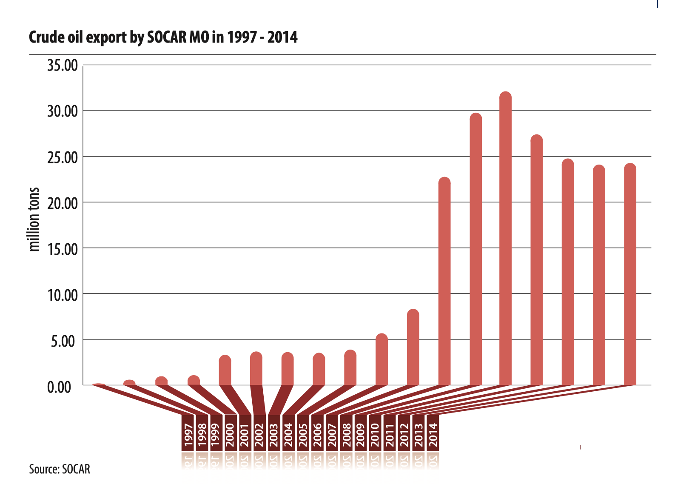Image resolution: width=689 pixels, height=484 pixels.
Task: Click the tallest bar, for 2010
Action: (x=505, y=238)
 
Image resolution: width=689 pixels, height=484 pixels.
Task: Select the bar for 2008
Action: (x=444, y=281)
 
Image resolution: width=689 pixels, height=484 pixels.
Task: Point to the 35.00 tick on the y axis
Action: (x=63, y=65)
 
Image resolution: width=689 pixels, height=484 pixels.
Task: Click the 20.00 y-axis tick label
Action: (x=63, y=203)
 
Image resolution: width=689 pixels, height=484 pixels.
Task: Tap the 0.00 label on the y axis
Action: (x=59, y=387)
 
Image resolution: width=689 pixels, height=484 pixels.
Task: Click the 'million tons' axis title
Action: (x=34, y=219)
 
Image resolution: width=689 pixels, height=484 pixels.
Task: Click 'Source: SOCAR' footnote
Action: (x=60, y=469)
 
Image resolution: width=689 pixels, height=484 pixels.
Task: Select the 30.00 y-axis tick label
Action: (x=63, y=111)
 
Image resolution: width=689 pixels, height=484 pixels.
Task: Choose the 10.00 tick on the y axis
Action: (x=63, y=294)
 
